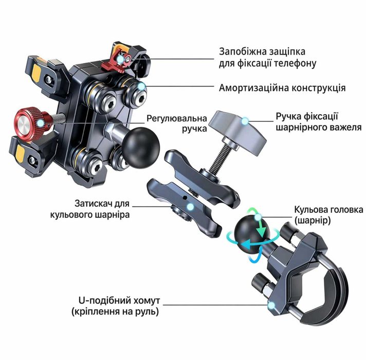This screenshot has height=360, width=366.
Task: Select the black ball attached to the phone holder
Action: tap(141, 148)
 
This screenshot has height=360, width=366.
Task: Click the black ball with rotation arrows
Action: tap(252, 235)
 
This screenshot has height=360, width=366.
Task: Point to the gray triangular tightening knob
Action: tap(237, 133)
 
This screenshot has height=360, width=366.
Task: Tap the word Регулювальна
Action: tap(177, 119)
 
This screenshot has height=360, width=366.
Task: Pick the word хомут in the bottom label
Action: tap(147, 300)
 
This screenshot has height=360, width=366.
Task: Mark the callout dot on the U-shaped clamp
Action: tap(271, 305)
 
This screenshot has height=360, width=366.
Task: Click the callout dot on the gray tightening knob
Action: tap(245, 121)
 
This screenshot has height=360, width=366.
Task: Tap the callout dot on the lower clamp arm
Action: tap(191, 207)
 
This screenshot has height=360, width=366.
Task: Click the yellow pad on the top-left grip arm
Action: tap(37, 73)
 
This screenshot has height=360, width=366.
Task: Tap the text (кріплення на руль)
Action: tap(115, 312)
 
